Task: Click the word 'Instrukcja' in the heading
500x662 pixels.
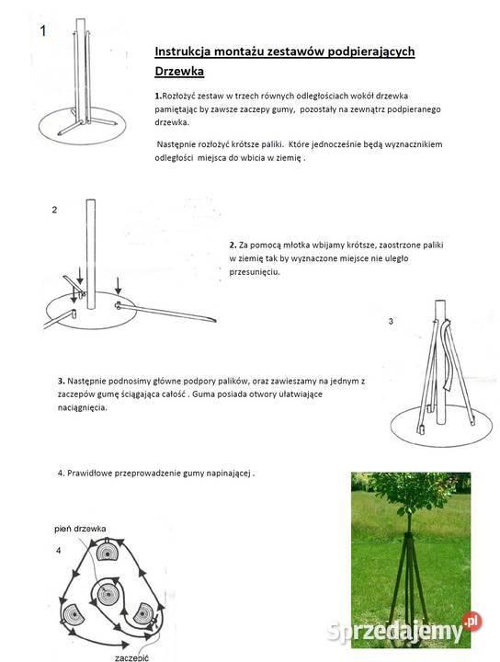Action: point(183,51)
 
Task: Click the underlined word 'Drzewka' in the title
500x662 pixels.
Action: point(179,71)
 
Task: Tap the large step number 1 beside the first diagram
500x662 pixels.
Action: point(43,31)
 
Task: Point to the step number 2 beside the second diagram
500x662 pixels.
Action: point(54,210)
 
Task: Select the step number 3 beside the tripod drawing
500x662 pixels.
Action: point(391,321)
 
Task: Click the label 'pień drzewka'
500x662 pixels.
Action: point(80,529)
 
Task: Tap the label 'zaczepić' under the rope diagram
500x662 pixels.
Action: point(131,657)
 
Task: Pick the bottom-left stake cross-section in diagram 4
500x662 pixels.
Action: point(74,615)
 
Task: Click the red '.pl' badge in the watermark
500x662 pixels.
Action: point(472,622)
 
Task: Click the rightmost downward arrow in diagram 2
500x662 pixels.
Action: point(119,285)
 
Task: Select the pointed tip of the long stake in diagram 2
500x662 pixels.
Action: point(216,321)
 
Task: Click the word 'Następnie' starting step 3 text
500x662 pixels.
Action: point(87,382)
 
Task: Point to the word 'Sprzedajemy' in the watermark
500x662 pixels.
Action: point(395,632)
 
